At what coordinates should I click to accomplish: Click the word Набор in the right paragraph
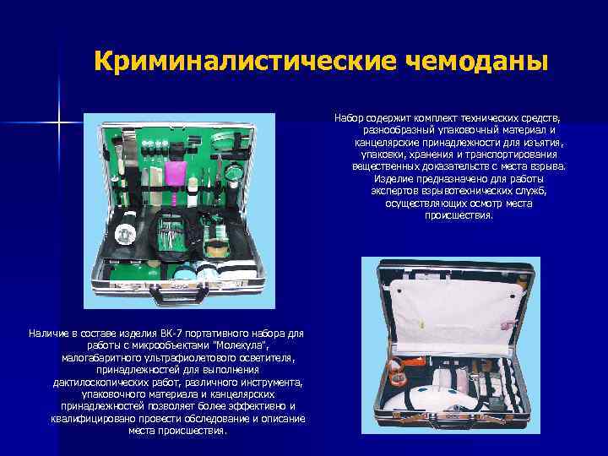point(349,118)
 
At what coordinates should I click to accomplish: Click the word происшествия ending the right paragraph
point(459,215)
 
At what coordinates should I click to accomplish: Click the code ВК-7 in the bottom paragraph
point(169,334)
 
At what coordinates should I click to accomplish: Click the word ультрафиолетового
point(191,358)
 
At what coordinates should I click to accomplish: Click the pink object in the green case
point(176,173)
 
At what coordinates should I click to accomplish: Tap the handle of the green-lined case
point(179,295)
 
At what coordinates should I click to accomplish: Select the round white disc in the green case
point(125,233)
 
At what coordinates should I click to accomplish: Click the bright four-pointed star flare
point(59,123)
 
